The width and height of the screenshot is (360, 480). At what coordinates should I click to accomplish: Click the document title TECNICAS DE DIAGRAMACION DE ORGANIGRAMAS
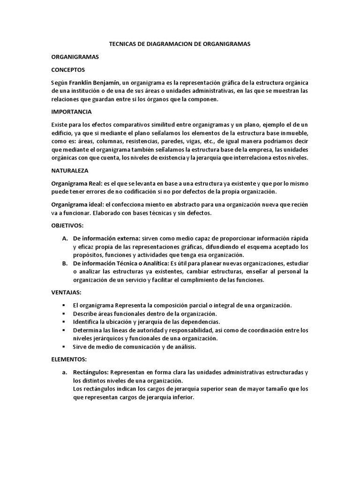(180, 44)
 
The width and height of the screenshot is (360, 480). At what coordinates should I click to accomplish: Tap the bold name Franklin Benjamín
(95, 82)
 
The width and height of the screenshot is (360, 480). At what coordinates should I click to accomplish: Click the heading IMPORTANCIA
(71, 112)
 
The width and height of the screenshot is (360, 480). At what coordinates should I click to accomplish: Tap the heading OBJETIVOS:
(67, 226)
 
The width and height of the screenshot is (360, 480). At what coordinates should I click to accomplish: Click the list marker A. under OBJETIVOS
(65, 239)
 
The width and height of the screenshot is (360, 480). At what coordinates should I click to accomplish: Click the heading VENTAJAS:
(66, 292)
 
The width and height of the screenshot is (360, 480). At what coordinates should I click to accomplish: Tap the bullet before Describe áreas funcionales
(64, 314)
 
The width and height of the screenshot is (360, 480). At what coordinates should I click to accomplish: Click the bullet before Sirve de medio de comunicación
(64, 347)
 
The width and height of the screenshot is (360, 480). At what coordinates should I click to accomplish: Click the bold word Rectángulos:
(91, 373)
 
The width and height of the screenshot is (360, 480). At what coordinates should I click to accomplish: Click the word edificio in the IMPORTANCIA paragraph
(62, 133)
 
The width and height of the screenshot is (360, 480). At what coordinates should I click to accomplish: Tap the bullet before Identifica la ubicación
(64, 322)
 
